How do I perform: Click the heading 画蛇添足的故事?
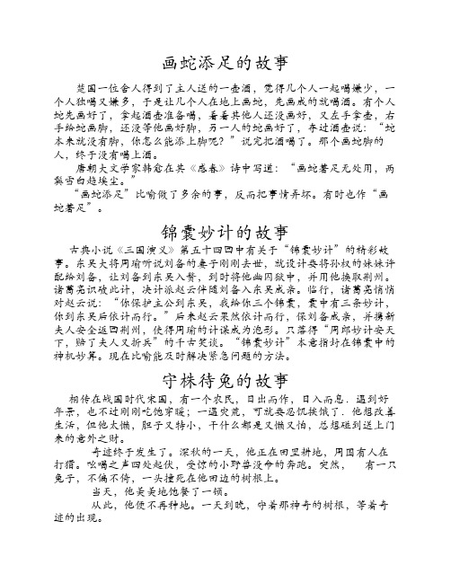pyautogui.click(x=225, y=64)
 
